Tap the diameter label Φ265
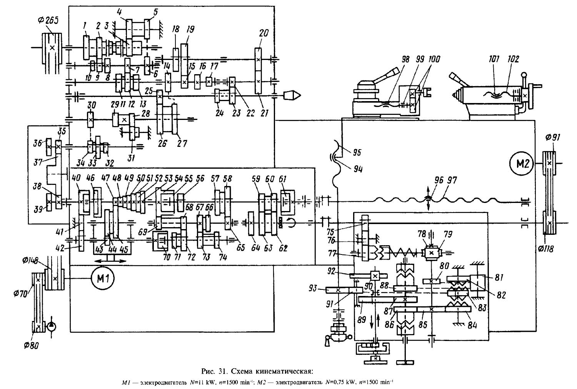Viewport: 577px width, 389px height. (50, 21)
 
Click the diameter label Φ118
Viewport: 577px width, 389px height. (545, 249)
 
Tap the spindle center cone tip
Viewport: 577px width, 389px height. (296, 95)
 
